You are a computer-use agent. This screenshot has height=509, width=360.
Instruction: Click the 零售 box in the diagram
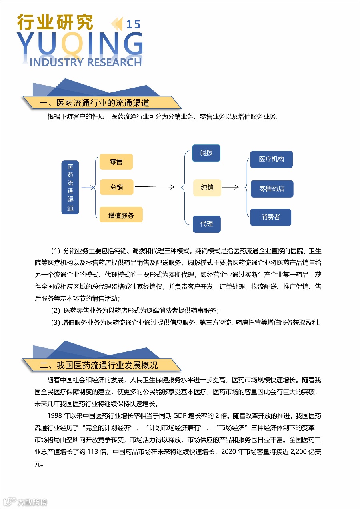[x=116, y=162]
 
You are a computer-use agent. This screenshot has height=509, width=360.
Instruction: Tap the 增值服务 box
[x=121, y=215]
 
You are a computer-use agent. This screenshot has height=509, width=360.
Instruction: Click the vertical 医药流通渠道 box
[x=70, y=187]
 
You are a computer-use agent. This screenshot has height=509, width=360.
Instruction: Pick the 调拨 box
[x=206, y=153]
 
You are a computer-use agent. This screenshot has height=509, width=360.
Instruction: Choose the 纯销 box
[x=207, y=187]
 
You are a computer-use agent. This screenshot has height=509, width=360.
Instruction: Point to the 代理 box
[x=206, y=224]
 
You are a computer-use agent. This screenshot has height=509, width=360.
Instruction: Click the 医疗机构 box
[x=271, y=159]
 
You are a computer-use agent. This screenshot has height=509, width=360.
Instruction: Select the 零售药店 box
[x=272, y=189]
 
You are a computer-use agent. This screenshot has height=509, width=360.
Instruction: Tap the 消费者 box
[x=271, y=217]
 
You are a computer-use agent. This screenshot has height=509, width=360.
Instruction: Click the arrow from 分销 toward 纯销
[x=155, y=187]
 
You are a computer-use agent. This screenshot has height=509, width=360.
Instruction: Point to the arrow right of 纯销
[x=230, y=187]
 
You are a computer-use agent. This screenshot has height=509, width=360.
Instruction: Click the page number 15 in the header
[x=133, y=25]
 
